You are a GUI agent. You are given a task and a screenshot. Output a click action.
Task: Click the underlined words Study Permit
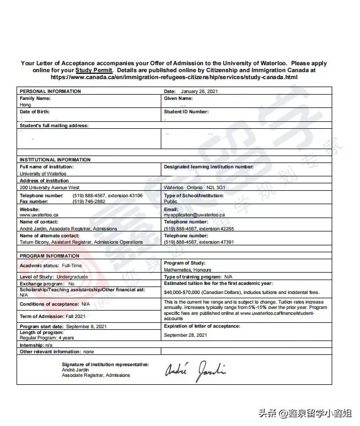click(94, 70)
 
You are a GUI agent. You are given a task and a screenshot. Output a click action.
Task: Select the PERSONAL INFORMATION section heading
click(50, 91)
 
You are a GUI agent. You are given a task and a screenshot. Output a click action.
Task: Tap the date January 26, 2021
click(199, 91)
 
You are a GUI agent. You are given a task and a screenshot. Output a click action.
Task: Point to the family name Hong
click(25, 105)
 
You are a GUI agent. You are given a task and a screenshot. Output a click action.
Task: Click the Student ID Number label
click(186, 112)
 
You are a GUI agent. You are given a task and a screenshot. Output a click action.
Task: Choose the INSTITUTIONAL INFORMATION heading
click(55, 160)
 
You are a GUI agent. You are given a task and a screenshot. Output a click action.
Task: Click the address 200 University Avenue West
click(49, 188)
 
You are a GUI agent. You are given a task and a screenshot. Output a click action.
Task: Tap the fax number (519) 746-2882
click(89, 202)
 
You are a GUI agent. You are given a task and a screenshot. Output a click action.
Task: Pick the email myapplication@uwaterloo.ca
click(194, 215)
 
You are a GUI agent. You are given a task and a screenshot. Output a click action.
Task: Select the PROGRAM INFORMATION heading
click(49, 256)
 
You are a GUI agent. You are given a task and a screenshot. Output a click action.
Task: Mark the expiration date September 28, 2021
click(185, 335)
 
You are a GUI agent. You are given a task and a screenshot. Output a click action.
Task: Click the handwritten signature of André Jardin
click(196, 369)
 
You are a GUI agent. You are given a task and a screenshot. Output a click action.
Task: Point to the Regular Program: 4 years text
click(47, 338)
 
